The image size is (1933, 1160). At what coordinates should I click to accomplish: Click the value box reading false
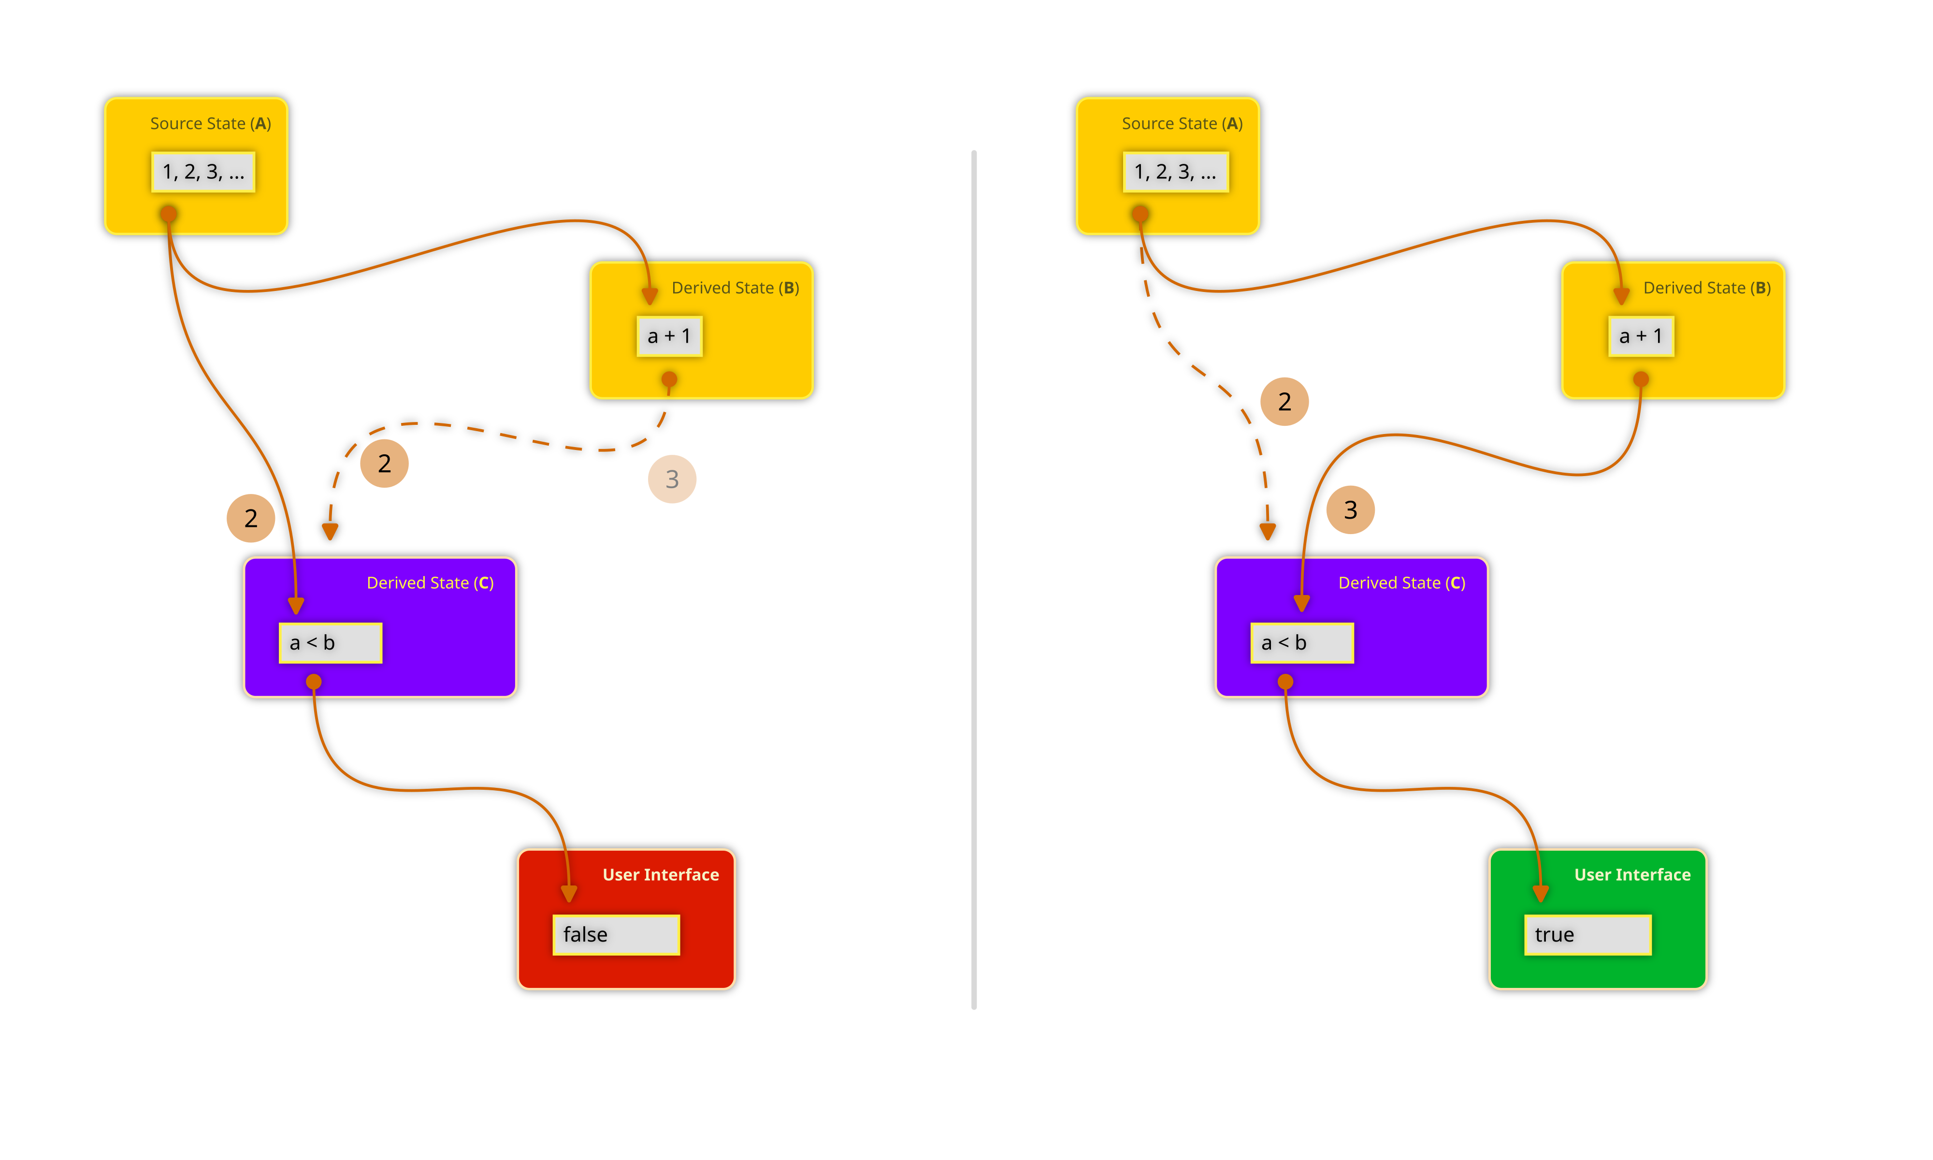(616, 934)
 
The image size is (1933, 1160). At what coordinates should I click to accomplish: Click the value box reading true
(1587, 934)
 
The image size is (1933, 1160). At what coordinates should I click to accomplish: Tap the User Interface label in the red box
(660, 875)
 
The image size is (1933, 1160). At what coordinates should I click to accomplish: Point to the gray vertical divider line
(974, 579)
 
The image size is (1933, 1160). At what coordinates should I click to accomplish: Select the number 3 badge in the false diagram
(672, 479)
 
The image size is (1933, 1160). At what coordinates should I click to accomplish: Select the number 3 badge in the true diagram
(1350, 509)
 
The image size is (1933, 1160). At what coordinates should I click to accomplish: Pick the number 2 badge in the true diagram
(1284, 402)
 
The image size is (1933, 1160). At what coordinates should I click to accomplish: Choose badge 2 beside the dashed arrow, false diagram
(384, 464)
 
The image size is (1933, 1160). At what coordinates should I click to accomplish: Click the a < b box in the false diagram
(330, 642)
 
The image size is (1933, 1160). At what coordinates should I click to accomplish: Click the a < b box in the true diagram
(1302, 642)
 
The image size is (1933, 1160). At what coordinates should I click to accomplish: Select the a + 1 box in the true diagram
(1641, 336)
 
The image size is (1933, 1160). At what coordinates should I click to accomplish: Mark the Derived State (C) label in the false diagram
(430, 583)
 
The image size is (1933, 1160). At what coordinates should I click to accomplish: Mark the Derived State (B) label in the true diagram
(1706, 288)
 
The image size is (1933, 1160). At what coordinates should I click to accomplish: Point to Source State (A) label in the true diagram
(1182, 124)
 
